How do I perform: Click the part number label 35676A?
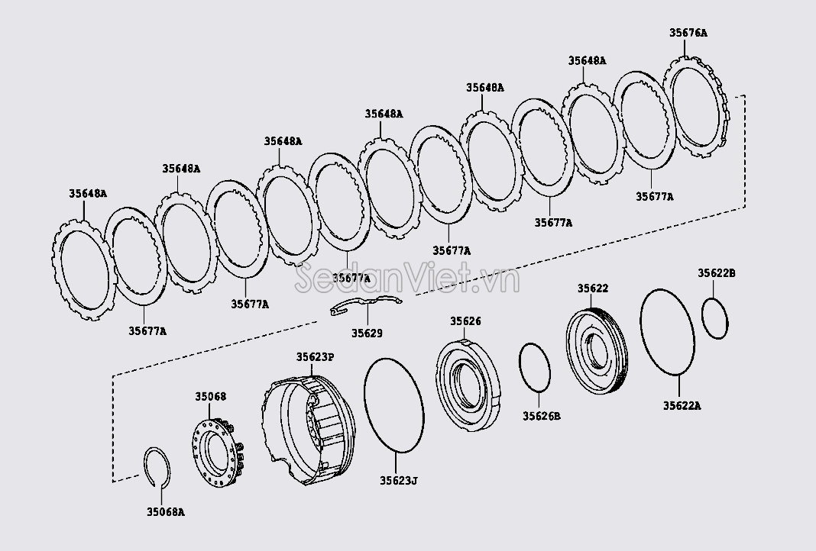tap(688, 33)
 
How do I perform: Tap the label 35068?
tap(210, 397)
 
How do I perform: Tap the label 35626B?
tap(542, 416)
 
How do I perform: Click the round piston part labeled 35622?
tap(597, 351)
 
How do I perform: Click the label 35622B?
tap(716, 273)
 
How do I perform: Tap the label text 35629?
tap(367, 333)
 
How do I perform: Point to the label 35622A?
tap(682, 406)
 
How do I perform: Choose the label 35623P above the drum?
tap(316, 356)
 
